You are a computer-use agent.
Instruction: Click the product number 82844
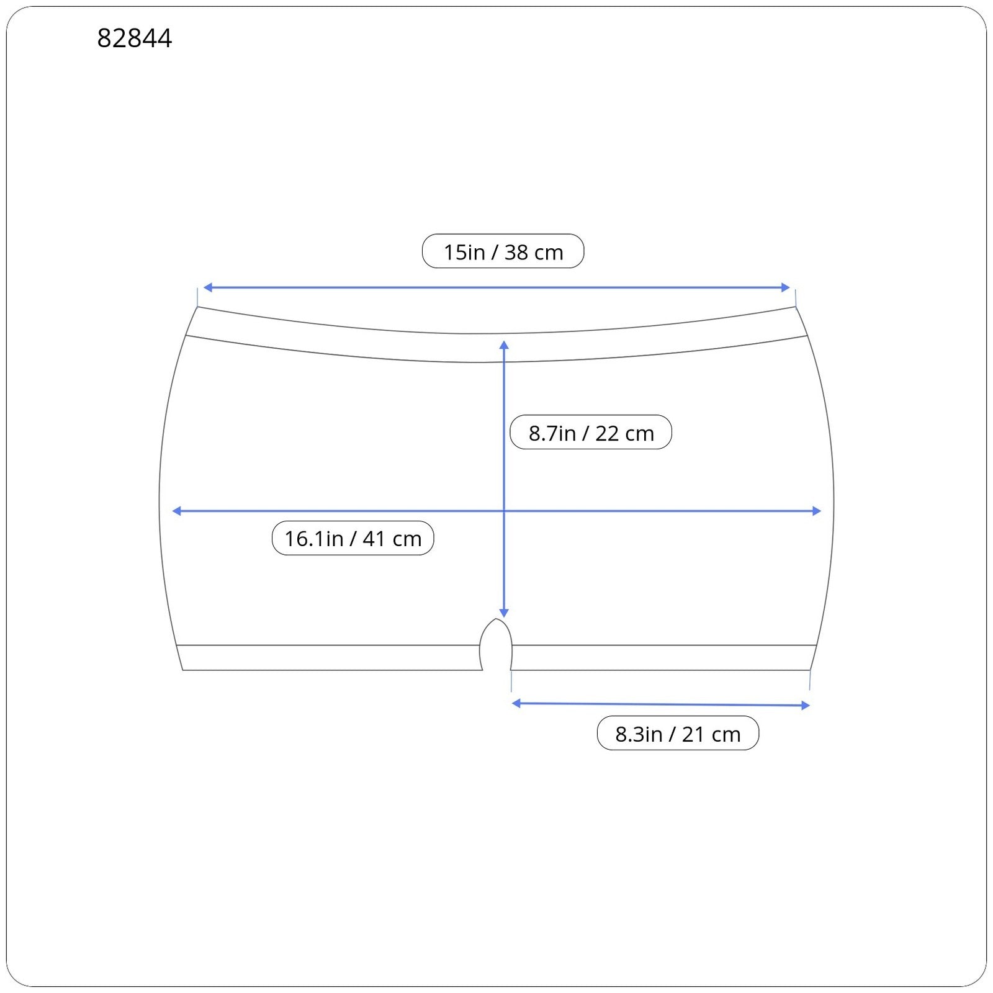[x=134, y=38]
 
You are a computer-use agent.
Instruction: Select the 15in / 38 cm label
[x=503, y=251]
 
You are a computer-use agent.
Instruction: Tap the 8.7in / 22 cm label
[x=591, y=432]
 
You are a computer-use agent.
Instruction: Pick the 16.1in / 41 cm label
[x=353, y=538]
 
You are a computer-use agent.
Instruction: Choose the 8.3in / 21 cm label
[x=678, y=733]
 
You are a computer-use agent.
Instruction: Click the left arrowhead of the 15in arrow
[x=207, y=287]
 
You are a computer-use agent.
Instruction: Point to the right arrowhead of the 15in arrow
[x=786, y=287]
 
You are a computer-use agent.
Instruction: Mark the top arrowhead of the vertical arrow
[x=504, y=344]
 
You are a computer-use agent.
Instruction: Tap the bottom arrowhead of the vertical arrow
[x=504, y=613]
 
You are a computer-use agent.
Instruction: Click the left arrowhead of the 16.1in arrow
[x=176, y=511]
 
